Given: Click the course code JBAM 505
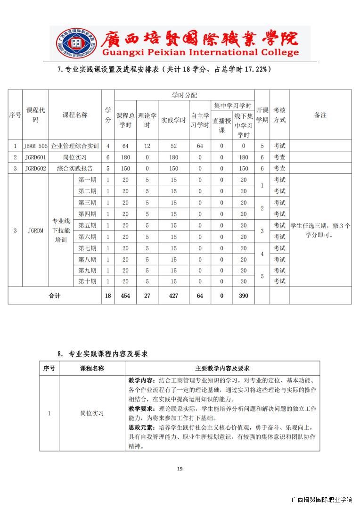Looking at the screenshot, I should (35, 146).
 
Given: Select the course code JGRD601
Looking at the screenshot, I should (35, 157).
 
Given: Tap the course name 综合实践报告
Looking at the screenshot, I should (75, 168).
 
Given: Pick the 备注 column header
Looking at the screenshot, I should (320, 115).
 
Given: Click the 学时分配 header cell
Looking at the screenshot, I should (185, 95).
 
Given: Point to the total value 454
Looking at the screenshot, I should (125, 296).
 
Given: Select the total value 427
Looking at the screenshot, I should (174, 296).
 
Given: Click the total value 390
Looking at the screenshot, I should (243, 296).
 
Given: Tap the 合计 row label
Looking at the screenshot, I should (55, 296).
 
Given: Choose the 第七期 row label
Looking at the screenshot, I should (87, 248).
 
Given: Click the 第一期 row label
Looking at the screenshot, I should (87, 180).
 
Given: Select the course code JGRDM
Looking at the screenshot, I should (35, 230).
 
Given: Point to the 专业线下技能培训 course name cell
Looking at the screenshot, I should (61, 230).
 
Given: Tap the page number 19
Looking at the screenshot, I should (180, 468).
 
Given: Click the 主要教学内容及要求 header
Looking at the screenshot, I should (222, 368).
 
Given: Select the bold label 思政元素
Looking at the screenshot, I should (141, 427).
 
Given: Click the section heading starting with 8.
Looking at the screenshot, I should (102, 353).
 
